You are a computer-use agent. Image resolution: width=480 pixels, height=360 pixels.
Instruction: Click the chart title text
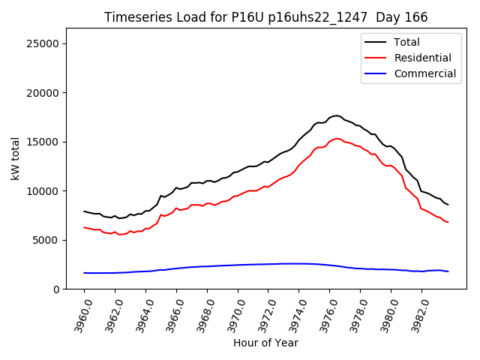(265, 17)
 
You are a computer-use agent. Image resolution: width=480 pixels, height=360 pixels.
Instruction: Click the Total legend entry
(406, 42)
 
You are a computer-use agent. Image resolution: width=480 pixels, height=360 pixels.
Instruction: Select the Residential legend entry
(422, 58)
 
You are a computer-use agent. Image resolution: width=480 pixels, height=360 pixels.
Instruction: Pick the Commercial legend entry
(424, 73)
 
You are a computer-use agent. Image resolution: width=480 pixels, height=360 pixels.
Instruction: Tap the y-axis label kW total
(15, 159)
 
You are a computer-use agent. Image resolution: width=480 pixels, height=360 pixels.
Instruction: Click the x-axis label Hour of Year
(265, 343)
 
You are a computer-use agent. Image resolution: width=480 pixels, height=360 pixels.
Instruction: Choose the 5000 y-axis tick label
(46, 240)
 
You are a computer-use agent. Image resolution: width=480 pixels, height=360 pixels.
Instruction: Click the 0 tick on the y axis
(56, 289)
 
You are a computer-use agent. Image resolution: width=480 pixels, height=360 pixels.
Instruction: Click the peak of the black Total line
(336, 115)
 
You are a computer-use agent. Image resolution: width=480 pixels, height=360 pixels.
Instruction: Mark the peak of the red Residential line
(337, 138)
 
